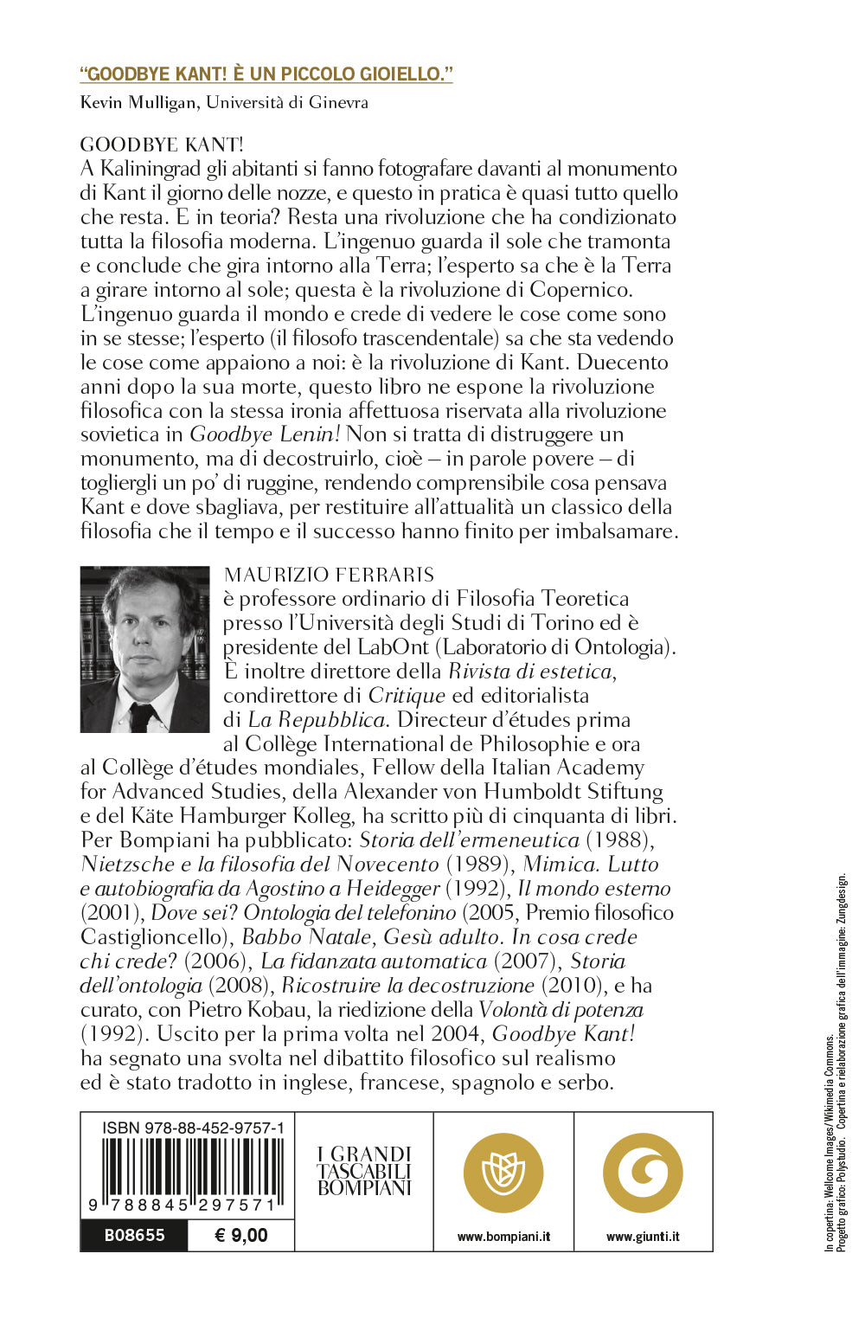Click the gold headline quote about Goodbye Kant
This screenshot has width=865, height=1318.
266,74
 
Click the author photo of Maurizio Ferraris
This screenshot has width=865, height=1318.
144,649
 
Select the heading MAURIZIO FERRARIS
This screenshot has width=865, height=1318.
329,575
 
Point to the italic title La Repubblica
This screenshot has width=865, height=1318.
317,720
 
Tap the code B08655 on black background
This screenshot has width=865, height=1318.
134,1235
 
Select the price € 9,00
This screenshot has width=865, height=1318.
240,1235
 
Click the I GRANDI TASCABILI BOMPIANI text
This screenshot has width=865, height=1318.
364,1171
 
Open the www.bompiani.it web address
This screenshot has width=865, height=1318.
503,1237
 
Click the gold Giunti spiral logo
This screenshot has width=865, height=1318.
643,1173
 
